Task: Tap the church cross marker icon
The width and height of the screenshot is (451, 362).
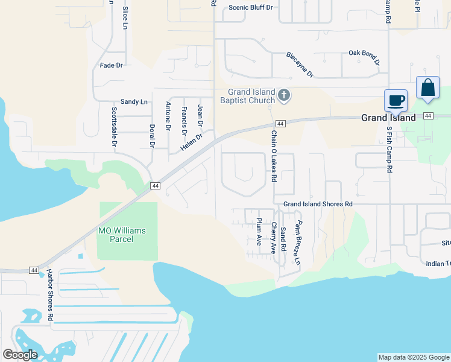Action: pos(285,95)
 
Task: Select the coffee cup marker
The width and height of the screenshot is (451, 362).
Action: pos(396,100)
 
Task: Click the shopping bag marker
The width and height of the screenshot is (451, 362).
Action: pos(427,87)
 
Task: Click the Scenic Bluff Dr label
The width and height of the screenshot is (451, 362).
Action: pos(251,8)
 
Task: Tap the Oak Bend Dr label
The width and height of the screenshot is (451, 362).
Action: pos(365,57)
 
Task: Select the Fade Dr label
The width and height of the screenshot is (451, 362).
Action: pos(111,65)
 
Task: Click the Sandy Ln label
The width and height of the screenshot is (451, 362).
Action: pos(134,102)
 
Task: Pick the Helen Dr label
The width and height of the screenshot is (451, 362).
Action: pos(192,142)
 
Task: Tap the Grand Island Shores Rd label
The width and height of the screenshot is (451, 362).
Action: pos(318,205)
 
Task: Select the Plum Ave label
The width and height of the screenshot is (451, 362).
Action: pos(259,232)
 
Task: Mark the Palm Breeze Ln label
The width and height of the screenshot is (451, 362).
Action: pos(297,243)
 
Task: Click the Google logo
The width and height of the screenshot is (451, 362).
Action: pos(20,355)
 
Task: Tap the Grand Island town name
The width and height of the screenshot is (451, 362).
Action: pos(388,118)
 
